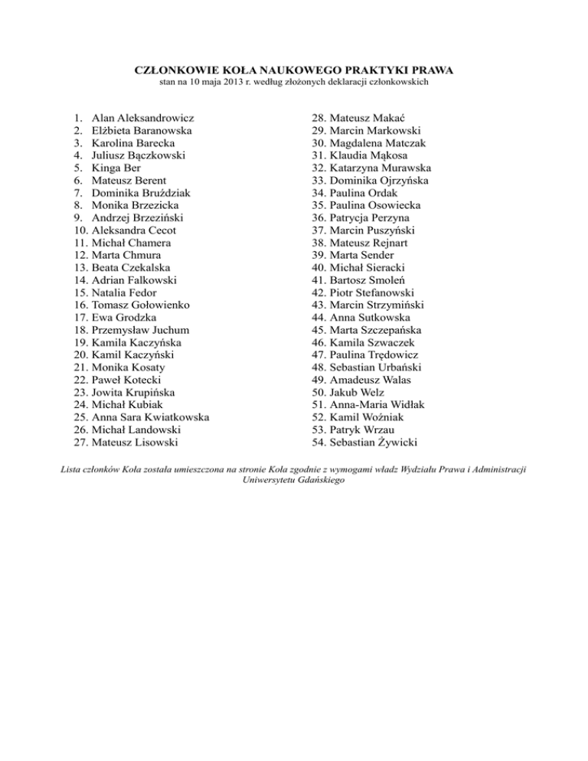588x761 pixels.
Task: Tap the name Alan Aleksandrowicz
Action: (142, 119)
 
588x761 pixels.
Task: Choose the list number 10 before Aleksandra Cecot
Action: (81, 230)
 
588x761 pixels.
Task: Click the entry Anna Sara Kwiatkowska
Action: (150, 416)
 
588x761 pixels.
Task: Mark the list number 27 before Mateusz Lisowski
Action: (81, 441)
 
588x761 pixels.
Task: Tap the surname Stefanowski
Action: (387, 292)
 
